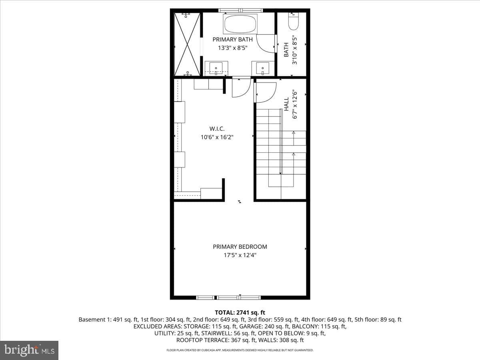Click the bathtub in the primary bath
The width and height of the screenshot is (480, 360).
[240, 24]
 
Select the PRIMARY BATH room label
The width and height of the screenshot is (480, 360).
[232, 40]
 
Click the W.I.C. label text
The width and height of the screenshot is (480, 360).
[217, 129]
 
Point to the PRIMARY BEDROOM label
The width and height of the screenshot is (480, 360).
[240, 247]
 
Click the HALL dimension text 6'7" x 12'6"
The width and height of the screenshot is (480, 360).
[295, 104]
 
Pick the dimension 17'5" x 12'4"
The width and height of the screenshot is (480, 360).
[240, 255]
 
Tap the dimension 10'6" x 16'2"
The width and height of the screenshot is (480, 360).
[217, 137]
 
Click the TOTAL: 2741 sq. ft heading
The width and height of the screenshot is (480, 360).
[240, 312]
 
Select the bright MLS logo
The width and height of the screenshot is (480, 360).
[29, 350]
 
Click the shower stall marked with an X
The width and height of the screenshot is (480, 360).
[187, 44]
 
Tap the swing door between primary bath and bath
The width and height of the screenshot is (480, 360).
[266, 44]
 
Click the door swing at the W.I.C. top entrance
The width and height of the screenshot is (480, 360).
[241, 87]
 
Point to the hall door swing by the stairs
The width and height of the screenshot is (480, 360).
[265, 92]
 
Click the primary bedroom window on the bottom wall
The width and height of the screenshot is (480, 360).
[228, 298]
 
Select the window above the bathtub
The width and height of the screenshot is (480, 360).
[240, 10]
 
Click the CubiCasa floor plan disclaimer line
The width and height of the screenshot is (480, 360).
[240, 350]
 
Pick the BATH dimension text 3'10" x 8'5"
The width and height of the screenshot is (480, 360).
[295, 50]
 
